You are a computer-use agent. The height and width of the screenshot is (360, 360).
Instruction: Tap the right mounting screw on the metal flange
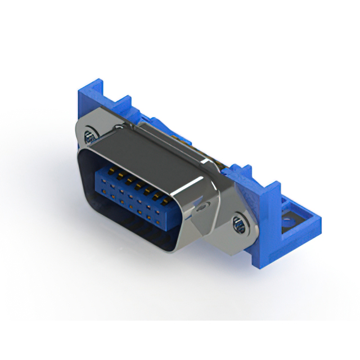coord(238,226)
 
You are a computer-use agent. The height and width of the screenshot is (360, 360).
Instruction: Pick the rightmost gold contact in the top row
coord(163,200)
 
